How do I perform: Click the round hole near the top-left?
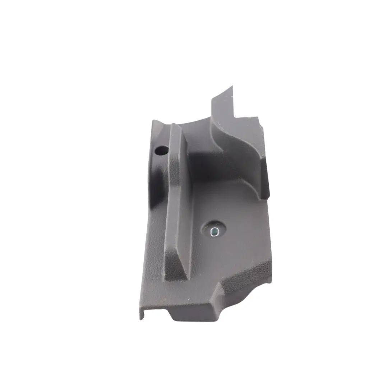(x=162, y=151)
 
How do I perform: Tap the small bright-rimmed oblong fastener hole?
(x=214, y=231)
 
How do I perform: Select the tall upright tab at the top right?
(x=223, y=108)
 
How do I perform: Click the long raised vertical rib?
(x=179, y=201)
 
